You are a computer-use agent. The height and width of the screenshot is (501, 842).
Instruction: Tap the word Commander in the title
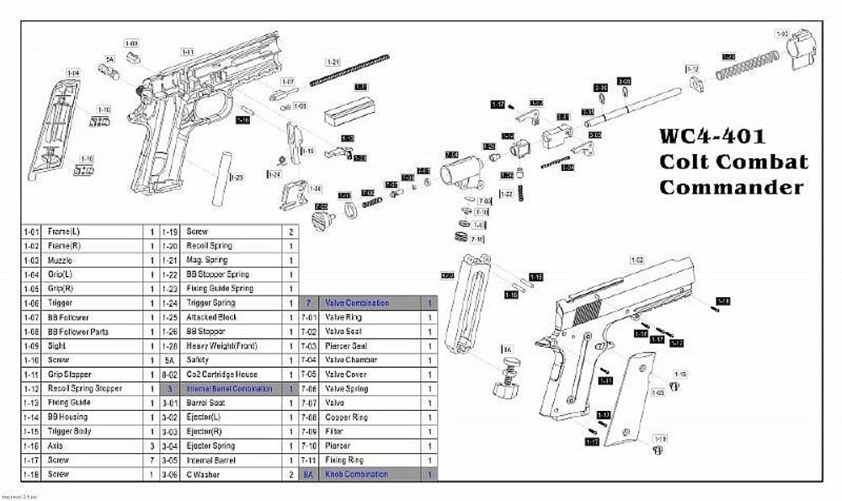tap(732, 187)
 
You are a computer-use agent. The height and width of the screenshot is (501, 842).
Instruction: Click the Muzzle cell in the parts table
tap(59, 260)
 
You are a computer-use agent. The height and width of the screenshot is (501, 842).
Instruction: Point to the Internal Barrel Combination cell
tap(230, 389)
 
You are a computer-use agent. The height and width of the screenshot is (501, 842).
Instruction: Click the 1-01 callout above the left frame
tap(188, 52)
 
